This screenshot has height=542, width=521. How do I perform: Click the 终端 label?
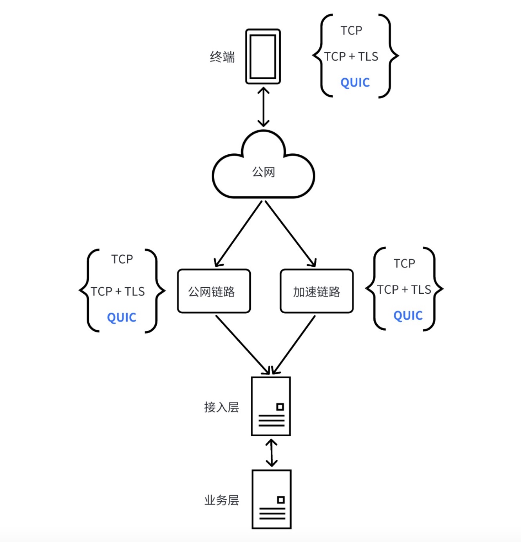click(x=222, y=57)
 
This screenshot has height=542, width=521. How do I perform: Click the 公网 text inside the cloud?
click(x=263, y=172)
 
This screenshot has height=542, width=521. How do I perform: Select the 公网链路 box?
click(x=214, y=291)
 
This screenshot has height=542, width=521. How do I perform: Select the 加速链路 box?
click(x=317, y=291)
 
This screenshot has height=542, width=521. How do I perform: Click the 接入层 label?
click(x=221, y=407)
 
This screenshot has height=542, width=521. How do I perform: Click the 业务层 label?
click(x=221, y=500)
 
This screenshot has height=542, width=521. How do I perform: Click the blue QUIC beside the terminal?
click(x=355, y=83)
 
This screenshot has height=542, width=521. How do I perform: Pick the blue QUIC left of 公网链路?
click(x=122, y=318)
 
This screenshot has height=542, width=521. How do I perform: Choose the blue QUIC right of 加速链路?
click(x=408, y=316)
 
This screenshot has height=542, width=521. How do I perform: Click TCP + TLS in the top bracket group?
click(x=351, y=56)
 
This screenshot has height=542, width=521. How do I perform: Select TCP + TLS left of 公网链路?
click(x=118, y=292)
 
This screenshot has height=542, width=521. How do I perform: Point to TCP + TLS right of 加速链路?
click(x=404, y=290)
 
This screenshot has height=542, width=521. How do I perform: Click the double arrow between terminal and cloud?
click(x=263, y=107)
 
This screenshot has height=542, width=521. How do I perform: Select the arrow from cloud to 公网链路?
click(x=238, y=234)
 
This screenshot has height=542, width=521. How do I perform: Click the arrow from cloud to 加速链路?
click(x=290, y=234)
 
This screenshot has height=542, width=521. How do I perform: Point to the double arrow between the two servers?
click(x=271, y=453)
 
